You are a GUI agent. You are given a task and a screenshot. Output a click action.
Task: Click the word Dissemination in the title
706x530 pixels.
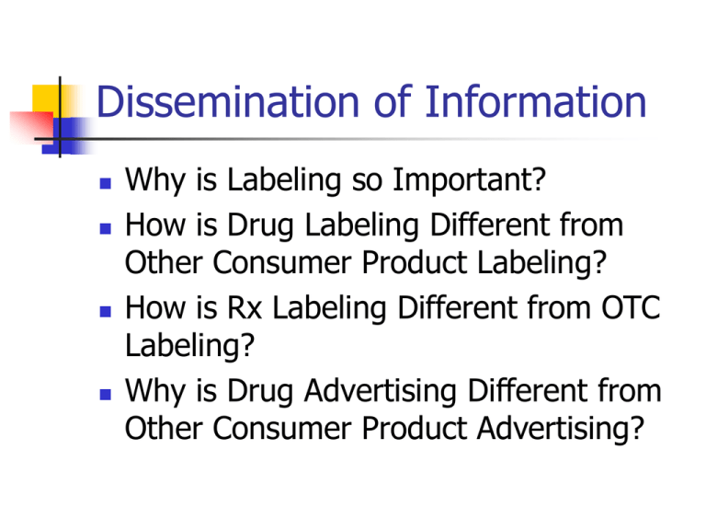tap(227, 101)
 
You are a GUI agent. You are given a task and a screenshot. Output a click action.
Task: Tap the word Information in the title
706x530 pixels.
tap(535, 101)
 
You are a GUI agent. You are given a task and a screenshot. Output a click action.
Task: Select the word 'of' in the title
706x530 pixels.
tap(393, 101)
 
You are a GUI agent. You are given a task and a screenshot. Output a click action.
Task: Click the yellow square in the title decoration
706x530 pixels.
tap(46, 101)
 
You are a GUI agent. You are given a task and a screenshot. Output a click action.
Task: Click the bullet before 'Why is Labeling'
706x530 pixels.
tap(106, 183)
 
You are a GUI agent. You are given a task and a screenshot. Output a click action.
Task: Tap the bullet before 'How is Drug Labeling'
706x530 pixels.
tap(106, 228)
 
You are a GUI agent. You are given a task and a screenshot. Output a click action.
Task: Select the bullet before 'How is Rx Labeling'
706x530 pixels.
tap(106, 311)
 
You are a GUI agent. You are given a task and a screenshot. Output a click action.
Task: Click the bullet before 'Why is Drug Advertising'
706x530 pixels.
tap(106, 395)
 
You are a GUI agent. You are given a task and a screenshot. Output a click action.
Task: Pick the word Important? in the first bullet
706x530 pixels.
tap(469, 180)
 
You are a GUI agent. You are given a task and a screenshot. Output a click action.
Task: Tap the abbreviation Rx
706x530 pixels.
tap(245, 307)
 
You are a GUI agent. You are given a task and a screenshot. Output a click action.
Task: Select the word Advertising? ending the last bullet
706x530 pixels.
tap(561, 428)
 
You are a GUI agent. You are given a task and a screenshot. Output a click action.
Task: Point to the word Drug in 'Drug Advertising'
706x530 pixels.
tap(260, 392)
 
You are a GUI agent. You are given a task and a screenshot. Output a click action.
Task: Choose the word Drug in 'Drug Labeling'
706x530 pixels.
tap(260, 225)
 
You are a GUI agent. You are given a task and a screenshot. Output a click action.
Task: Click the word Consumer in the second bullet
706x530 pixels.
tap(282, 262)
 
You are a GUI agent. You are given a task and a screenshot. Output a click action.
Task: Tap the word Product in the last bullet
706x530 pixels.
tap(415, 428)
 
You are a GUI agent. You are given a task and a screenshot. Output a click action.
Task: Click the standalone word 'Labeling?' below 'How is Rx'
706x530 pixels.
tap(189, 347)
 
